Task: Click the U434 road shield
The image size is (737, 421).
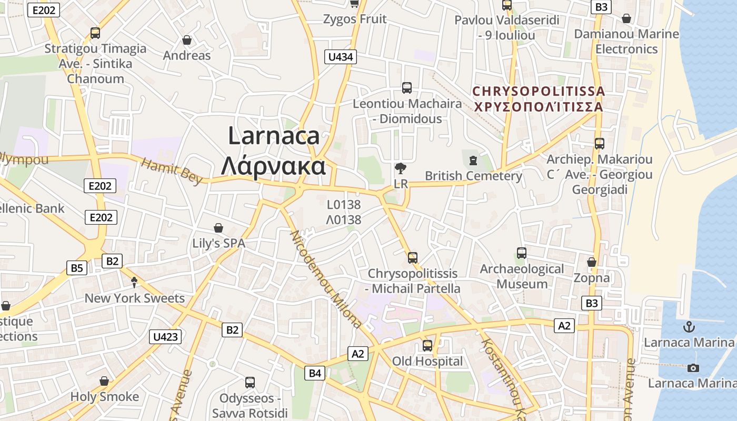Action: (341, 57)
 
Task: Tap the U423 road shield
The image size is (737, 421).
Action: (165, 337)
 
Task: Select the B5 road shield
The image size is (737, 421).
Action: (77, 268)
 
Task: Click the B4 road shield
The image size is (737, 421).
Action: (314, 373)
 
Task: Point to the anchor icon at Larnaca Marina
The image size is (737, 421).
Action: (689, 327)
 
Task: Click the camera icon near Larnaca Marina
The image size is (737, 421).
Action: (693, 367)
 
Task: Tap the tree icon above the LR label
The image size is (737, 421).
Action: (401, 168)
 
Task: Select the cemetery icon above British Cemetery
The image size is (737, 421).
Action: (473, 160)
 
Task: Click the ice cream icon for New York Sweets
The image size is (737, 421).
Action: (134, 282)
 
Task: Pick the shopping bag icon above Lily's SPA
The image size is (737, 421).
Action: (218, 228)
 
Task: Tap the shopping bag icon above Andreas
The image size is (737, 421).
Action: (186, 40)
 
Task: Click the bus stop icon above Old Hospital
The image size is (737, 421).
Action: (427, 346)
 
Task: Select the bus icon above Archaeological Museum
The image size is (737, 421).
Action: (522, 253)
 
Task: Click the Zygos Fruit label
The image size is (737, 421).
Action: (355, 19)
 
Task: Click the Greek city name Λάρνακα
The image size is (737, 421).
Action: (273, 166)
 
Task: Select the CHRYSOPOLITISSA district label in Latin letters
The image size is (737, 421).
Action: (539, 91)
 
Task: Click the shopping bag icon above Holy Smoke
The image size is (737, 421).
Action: (104, 381)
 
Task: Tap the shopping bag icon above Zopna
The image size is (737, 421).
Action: (592, 262)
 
